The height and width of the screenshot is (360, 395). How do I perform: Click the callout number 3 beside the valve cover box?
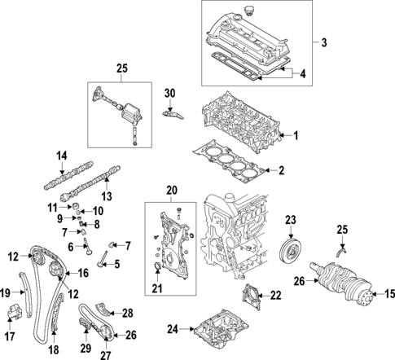(324, 42)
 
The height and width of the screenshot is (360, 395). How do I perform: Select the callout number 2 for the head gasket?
(282, 171)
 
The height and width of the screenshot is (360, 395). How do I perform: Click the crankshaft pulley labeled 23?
(288, 248)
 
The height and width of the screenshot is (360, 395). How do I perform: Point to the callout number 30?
(169, 93)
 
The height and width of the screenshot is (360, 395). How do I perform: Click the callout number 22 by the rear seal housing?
(274, 295)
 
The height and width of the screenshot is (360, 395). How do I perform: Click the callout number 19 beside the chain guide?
(6, 292)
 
